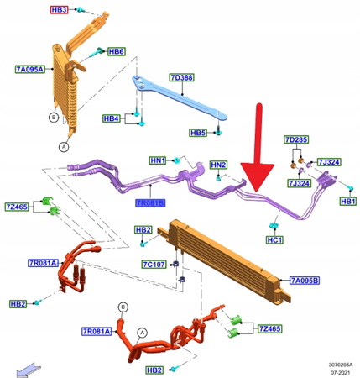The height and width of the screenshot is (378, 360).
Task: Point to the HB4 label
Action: tap(112, 118)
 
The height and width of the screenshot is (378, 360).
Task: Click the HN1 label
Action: tap(159, 159)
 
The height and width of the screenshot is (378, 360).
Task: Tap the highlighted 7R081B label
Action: tap(150, 202)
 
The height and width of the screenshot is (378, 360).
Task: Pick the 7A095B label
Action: tap(305, 280)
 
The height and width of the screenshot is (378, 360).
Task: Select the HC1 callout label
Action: tap(274, 240)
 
